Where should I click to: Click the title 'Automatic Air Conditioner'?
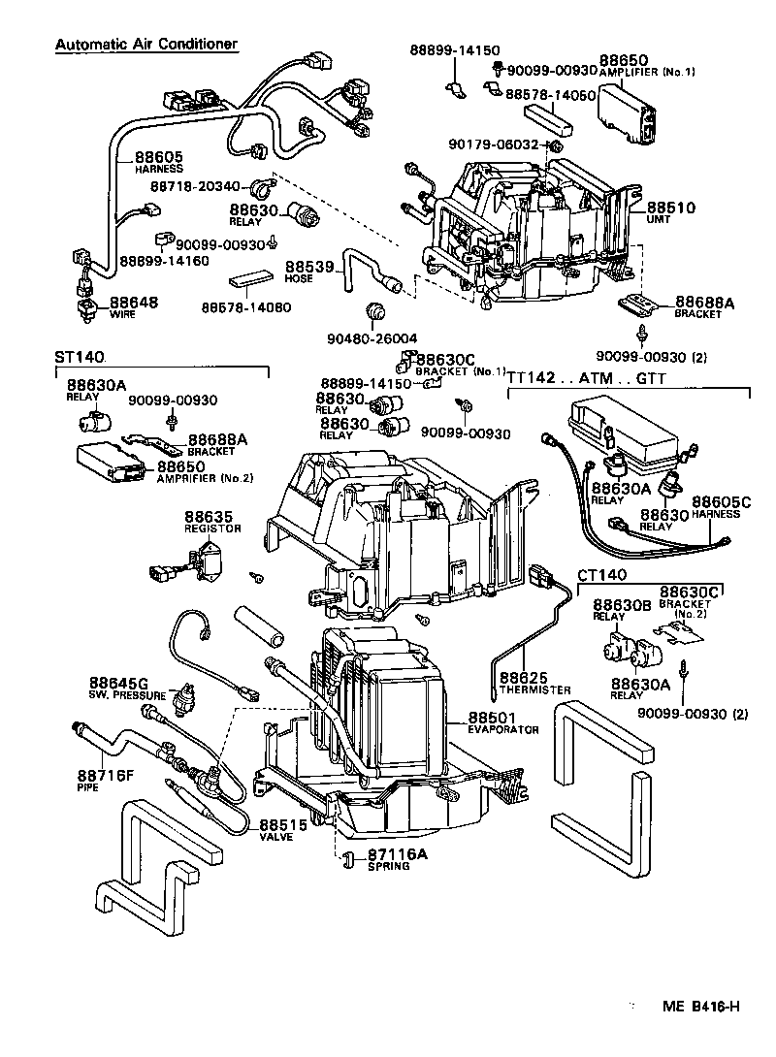145,45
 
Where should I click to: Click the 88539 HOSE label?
309,271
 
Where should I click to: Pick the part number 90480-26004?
372,337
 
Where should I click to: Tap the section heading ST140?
79,357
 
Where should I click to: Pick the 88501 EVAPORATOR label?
497,722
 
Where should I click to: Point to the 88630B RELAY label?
622,610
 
